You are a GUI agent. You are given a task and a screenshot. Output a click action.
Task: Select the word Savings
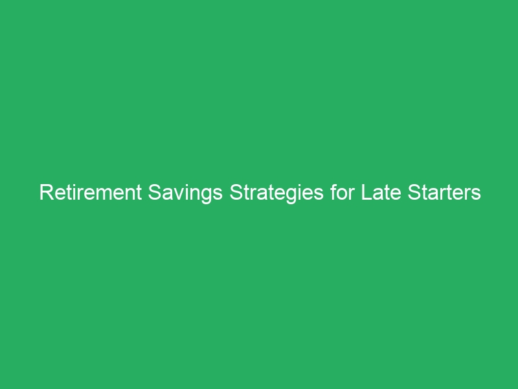[182, 193]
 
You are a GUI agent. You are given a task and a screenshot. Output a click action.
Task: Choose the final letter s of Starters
[477, 193]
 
